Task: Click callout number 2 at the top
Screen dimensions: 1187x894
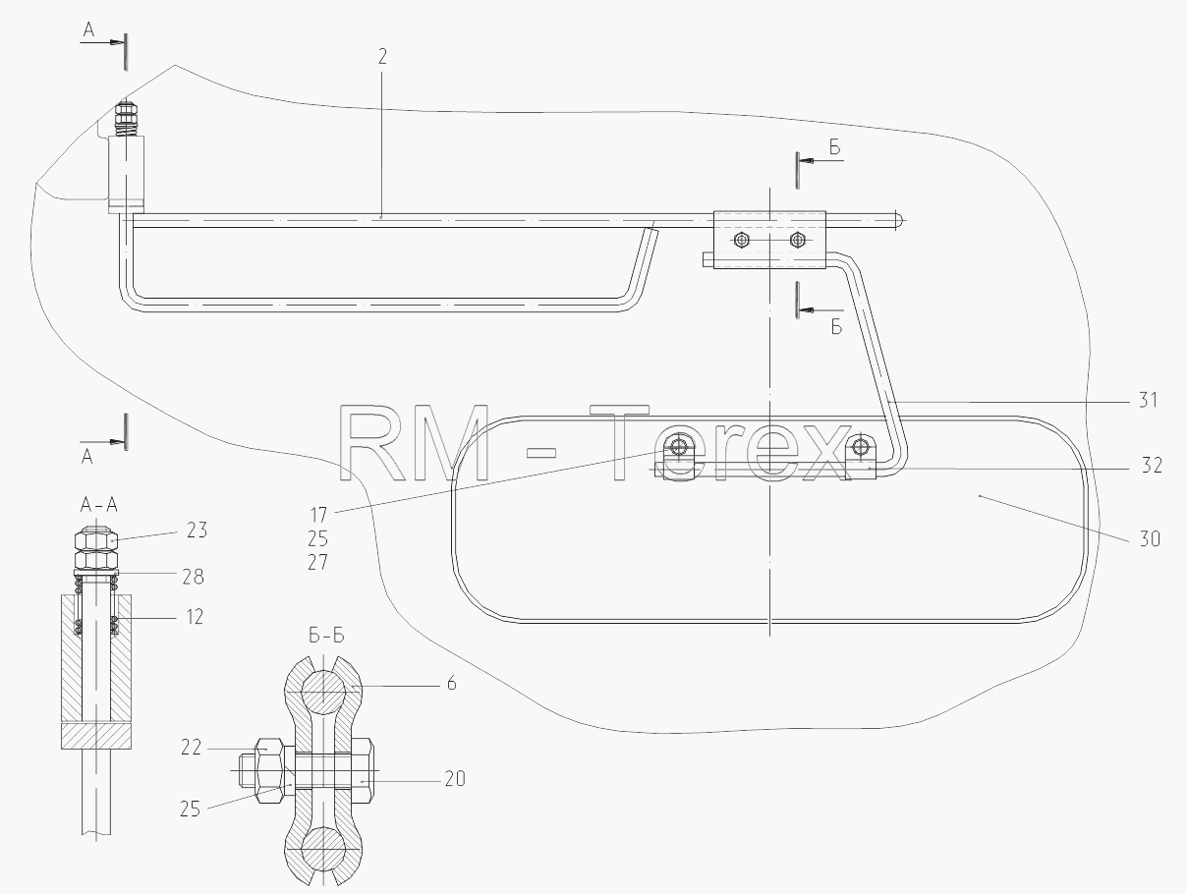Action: coord(383,57)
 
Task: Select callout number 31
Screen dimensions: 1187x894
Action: coord(1148,400)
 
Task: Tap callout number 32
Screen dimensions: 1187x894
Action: coord(1152,466)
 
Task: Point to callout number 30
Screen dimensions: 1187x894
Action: coord(1150,539)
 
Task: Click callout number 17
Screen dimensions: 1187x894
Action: coord(318,515)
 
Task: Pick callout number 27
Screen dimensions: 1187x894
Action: coord(318,563)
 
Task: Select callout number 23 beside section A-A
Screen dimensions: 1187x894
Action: coord(197,531)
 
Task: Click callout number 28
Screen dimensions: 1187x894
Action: coord(193,578)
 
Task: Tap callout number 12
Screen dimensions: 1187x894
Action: coord(195,617)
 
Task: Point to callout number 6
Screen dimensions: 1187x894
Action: coord(452,684)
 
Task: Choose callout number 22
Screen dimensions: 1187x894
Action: coord(191,748)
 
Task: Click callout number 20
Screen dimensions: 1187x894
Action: coord(455,779)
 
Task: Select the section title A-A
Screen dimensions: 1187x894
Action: coord(99,505)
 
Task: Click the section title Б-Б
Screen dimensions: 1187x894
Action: coord(326,637)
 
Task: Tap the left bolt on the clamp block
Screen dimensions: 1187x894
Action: coord(742,240)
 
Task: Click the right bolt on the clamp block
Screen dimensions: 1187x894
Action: coord(798,240)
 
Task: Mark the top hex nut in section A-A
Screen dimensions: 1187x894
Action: coord(96,539)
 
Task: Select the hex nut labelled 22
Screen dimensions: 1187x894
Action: coord(269,771)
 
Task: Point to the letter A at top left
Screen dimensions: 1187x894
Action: coord(88,30)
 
